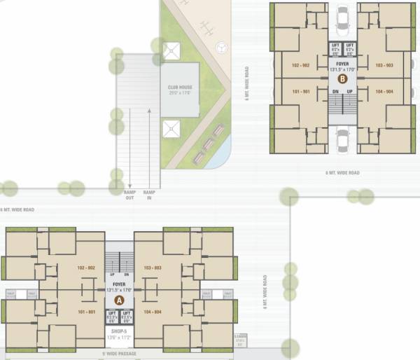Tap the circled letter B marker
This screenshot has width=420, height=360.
pyautogui.click(x=342, y=79)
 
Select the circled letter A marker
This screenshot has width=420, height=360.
pyautogui.click(x=119, y=298)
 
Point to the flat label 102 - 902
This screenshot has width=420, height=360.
pyautogui.click(x=301, y=65)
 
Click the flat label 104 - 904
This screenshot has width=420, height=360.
pyautogui.click(x=384, y=92)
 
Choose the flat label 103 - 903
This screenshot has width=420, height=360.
pyautogui.click(x=384, y=65)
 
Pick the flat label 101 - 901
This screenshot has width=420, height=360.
pyautogui.click(x=301, y=92)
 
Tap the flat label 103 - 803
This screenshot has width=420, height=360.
pyautogui.click(x=153, y=268)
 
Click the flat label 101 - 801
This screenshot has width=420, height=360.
pyautogui.click(x=86, y=312)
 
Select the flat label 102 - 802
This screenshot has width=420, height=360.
pyautogui.click(x=86, y=268)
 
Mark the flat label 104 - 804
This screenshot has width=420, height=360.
pyautogui.click(x=153, y=312)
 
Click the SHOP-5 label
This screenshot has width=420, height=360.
pyautogui.click(x=119, y=331)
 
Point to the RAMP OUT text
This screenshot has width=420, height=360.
pyautogui.click(x=129, y=194)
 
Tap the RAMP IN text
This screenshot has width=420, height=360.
pyautogui.click(x=149, y=194)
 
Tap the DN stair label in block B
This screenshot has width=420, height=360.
pyautogui.click(x=334, y=92)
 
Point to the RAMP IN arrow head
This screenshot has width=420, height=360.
pyautogui.click(x=149, y=111)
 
